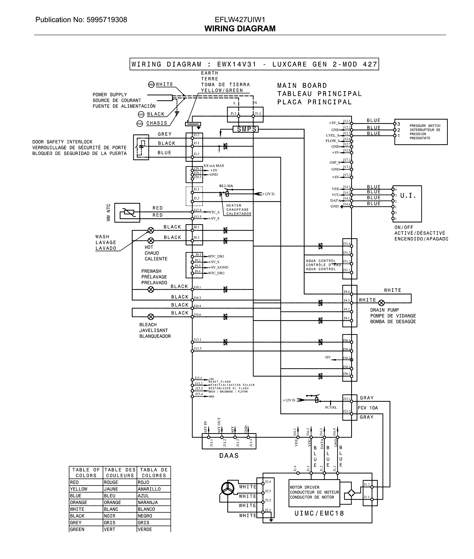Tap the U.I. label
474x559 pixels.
pos(408,196)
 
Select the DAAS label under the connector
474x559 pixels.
pos(229,456)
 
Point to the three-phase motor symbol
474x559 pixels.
pos(228,489)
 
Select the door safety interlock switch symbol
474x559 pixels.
pos(141,147)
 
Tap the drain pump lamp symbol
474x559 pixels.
pos(381,303)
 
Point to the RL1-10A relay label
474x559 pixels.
pos(226,186)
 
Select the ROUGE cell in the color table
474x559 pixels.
pos(111,482)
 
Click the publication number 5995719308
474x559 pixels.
pos(107,20)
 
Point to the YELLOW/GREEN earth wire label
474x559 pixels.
pos(222,91)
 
